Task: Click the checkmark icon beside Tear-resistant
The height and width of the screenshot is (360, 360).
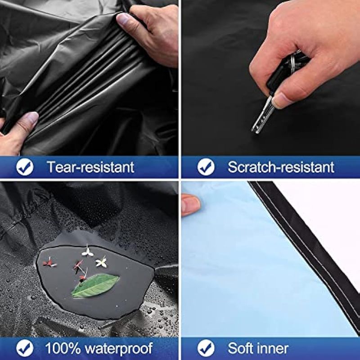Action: click(x=25, y=167)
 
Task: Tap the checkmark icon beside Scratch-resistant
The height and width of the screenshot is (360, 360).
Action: click(x=206, y=167)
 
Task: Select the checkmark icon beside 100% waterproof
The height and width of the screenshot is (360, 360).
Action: click(x=25, y=348)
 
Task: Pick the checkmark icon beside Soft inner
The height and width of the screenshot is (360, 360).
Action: click(x=206, y=348)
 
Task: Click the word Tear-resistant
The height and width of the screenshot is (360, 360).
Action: click(x=90, y=167)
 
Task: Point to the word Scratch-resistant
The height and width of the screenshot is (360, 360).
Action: click(x=281, y=167)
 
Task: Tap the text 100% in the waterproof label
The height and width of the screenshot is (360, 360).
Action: click(x=63, y=348)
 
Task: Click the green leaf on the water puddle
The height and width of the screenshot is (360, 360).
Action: click(x=95, y=285)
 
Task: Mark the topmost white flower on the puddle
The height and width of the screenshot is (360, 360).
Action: click(x=87, y=252)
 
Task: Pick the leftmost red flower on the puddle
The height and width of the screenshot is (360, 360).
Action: click(x=49, y=262)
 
